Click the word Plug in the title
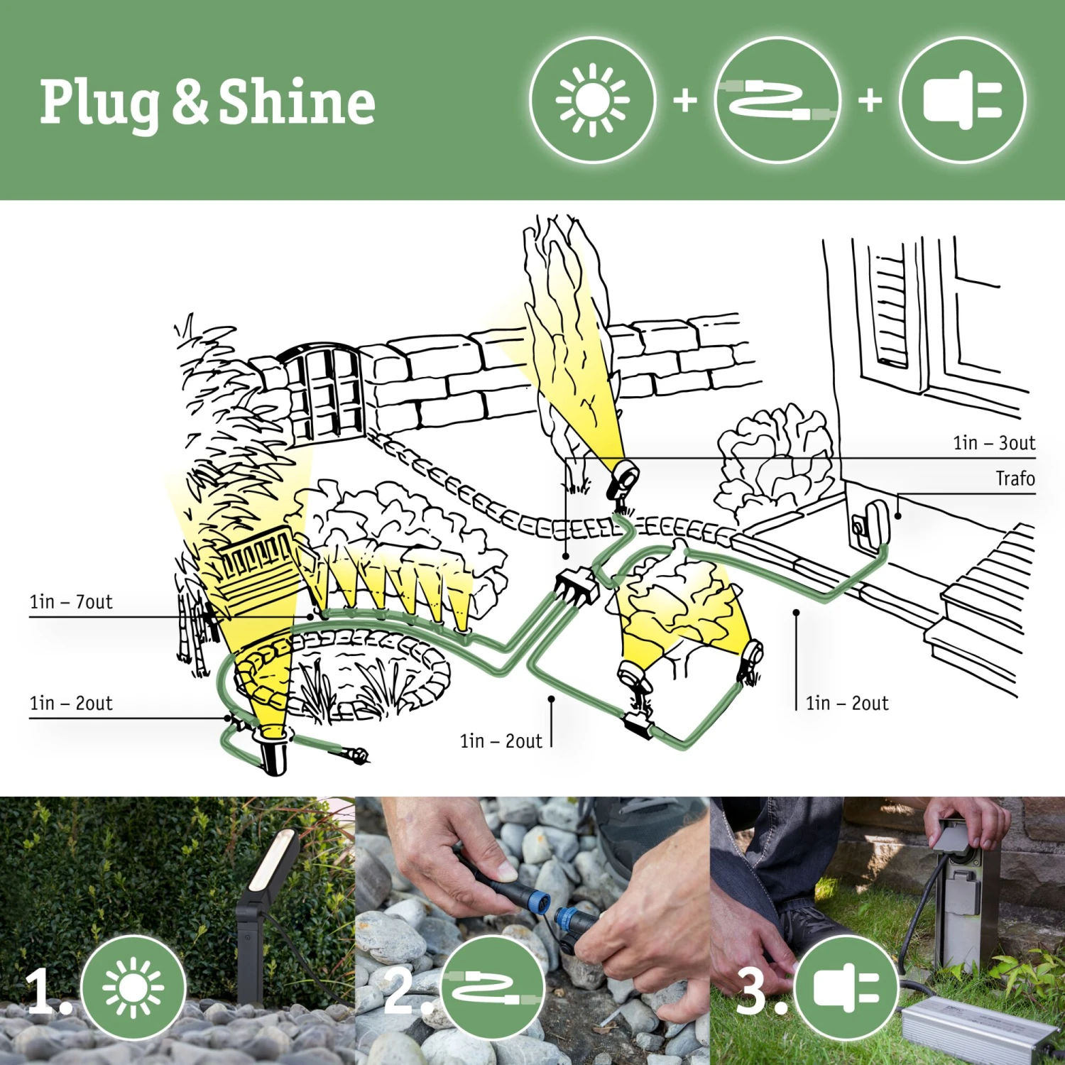tap(99, 104)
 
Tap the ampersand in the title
tap(190, 102)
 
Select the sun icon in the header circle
tap(592, 101)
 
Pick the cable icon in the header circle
tap(777, 101)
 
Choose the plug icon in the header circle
tap(962, 101)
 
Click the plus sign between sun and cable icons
tap(685, 100)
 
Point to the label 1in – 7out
tap(71, 602)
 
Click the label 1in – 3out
tap(993, 443)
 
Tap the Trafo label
tap(1015, 479)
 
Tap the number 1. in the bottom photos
tap(45, 990)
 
